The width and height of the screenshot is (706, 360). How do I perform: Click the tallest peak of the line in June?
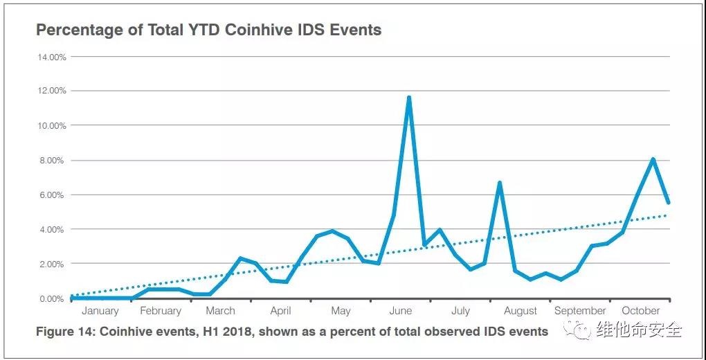(409, 98)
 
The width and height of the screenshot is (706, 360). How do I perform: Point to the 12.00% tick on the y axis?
(52, 91)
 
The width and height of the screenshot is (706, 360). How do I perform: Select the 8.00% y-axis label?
(52, 160)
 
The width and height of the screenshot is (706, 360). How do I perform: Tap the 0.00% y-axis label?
(52, 298)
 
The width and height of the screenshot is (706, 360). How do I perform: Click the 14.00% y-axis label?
(52, 56)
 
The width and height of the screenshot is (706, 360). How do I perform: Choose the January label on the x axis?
(100, 311)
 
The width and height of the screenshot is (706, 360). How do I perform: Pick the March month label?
(220, 311)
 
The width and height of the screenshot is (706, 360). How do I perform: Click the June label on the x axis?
(401, 311)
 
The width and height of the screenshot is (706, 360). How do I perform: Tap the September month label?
(580, 311)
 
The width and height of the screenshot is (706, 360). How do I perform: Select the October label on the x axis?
(641, 311)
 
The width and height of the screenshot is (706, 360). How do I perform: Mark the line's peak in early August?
(499, 183)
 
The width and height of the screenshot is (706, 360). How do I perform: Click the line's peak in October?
(653, 159)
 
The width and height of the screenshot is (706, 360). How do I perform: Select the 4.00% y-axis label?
(52, 229)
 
